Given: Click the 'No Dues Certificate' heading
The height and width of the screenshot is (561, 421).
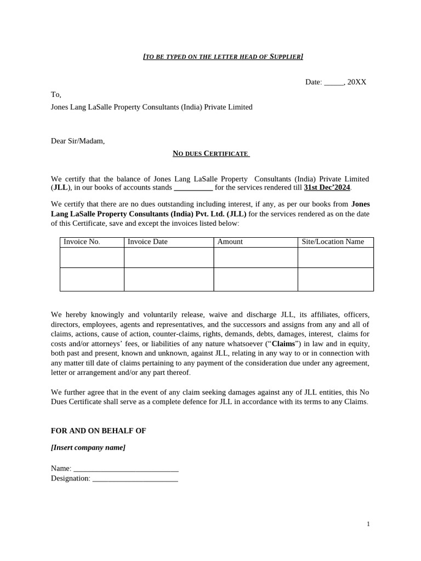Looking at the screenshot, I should click(211, 154).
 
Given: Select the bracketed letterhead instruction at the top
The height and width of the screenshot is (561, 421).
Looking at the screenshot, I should click(223, 56).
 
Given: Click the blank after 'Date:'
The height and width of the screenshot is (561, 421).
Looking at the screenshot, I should click(334, 82).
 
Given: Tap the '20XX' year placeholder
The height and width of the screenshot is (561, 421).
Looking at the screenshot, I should click(357, 82).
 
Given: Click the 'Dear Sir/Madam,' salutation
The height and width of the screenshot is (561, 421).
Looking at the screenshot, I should click(78, 141).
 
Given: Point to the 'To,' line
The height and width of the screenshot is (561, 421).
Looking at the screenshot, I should click(56, 95).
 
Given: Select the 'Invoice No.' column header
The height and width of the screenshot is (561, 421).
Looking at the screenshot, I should click(82, 242).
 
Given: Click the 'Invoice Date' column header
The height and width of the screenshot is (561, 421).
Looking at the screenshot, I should click(147, 242).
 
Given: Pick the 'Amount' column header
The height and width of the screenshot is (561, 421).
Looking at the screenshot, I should click(230, 242).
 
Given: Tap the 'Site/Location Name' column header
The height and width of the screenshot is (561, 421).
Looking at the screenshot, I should click(333, 242).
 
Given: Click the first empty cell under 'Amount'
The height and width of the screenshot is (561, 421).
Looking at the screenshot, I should click(255, 257).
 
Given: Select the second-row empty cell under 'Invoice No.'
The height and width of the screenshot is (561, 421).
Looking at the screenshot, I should click(92, 279).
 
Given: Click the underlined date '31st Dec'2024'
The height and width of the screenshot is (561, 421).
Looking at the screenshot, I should click(327, 188).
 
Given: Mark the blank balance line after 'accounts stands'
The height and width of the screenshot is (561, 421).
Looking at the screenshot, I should click(193, 188).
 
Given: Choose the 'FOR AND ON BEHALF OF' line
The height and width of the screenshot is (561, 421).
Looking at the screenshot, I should click(99, 431).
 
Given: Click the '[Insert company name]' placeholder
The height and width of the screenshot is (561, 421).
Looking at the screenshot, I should click(88, 448).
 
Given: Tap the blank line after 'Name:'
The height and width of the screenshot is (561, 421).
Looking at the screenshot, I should click(126, 469).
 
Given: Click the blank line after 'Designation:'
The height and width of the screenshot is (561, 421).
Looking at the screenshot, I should click(135, 479).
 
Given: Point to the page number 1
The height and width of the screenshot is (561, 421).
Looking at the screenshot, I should click(368, 524).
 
